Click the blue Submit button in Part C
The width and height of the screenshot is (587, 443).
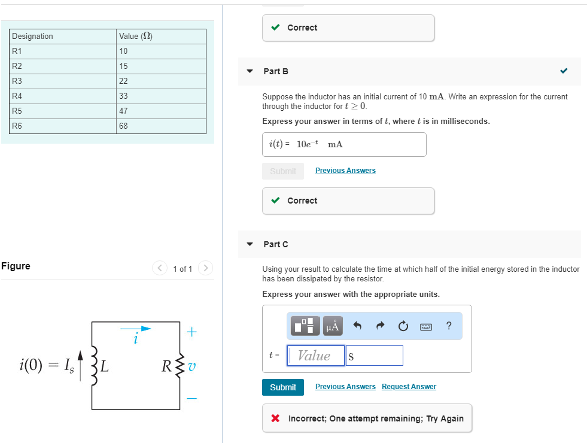[x=282, y=387]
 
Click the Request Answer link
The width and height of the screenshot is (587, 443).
[x=409, y=387]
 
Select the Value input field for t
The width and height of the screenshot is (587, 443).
[x=316, y=356]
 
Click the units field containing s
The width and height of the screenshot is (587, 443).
[x=374, y=356]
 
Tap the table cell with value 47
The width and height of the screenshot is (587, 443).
[x=161, y=111]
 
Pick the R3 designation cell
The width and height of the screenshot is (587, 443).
[x=63, y=81]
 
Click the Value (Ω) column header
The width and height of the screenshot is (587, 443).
[x=161, y=37]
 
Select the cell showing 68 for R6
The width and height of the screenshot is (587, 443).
[x=161, y=126]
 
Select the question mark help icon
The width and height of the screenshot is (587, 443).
[x=449, y=326]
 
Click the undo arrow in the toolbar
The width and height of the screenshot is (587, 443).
[x=358, y=326]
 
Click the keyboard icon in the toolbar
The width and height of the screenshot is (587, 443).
[x=426, y=326]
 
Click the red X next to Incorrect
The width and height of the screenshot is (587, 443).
[x=275, y=418]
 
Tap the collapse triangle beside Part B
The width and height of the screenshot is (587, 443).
[x=250, y=71]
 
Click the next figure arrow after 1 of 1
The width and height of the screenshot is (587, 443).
[x=205, y=268]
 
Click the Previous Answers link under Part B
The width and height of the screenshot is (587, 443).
[x=345, y=171]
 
